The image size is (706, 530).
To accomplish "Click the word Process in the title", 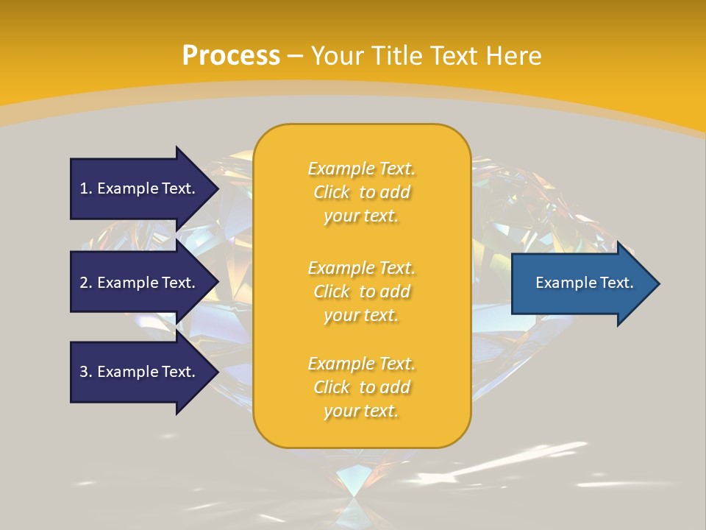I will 231,55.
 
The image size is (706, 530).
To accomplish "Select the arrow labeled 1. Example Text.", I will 140,188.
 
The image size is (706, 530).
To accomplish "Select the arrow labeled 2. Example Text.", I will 140,283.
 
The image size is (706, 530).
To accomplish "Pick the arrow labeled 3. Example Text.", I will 140,372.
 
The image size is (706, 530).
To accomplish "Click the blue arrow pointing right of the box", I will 581,283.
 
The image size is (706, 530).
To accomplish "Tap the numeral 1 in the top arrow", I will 84,188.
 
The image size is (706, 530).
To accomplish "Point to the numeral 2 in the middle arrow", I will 84,283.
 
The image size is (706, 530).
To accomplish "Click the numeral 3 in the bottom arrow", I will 84,372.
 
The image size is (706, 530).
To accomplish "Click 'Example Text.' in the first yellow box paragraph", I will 361,169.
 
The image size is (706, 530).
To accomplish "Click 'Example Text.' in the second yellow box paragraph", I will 361,267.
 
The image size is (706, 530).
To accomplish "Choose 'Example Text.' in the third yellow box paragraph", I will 361,364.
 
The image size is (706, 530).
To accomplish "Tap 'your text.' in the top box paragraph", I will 361,216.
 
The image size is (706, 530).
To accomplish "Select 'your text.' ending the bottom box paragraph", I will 361,411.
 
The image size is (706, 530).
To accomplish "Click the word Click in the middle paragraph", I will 332,291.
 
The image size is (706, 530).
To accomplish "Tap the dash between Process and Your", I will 296,56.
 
